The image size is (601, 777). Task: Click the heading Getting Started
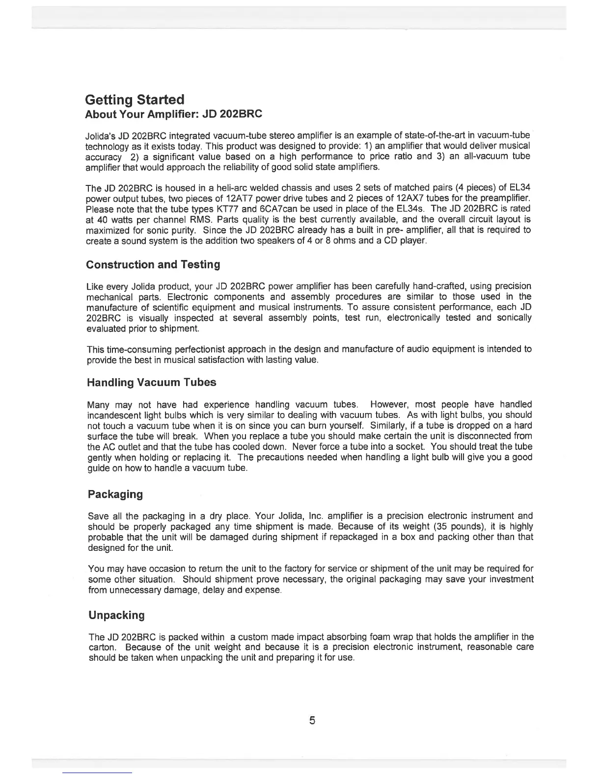[x=135, y=100]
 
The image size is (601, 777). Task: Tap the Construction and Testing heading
[x=153, y=265]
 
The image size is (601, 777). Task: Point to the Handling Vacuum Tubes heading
[x=151, y=382]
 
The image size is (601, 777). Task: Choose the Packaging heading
[x=115, y=494]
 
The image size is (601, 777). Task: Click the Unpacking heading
[x=116, y=616]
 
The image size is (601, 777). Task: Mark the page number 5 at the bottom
[x=312, y=721]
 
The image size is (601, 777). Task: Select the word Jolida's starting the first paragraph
[x=100, y=135]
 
